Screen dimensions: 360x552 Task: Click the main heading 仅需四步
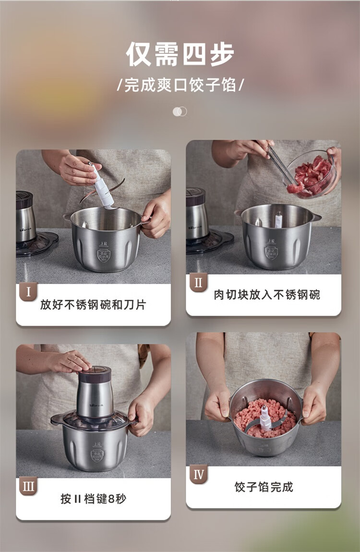[180, 54]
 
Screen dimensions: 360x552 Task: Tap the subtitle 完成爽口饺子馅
[180, 85]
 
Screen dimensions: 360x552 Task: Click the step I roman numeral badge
[28, 292]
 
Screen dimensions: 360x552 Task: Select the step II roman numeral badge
[198, 282]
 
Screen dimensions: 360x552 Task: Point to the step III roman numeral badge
[28, 487]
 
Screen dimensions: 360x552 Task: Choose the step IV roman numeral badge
[198, 475]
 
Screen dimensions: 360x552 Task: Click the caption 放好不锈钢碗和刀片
[93, 305]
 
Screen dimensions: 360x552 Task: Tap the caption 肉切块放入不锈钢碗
[267, 294]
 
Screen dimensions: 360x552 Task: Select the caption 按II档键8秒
[93, 499]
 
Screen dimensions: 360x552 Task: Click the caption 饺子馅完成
[264, 487]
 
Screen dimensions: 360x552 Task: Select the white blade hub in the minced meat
[265, 418]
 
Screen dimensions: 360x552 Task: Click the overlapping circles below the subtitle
[180, 111]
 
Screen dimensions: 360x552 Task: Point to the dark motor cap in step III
[95, 375]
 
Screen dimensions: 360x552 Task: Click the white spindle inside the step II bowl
[278, 220]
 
